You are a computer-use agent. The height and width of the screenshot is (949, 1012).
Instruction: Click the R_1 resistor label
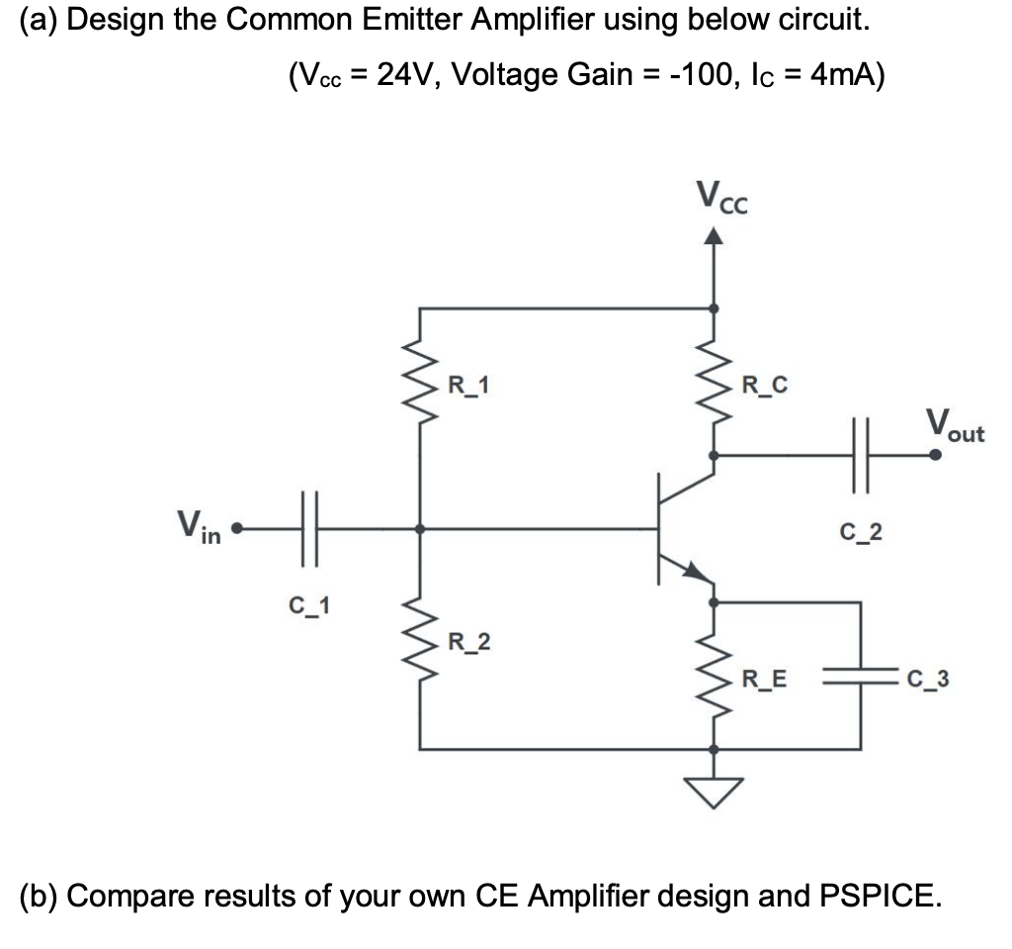pos(468,384)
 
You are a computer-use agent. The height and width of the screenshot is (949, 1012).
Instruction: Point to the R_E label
pos(765,679)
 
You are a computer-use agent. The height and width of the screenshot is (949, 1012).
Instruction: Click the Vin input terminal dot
pos(235,530)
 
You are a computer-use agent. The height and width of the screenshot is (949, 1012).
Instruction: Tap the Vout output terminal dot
pos(935,455)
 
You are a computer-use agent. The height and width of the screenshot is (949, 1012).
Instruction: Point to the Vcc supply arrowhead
pos(715,236)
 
